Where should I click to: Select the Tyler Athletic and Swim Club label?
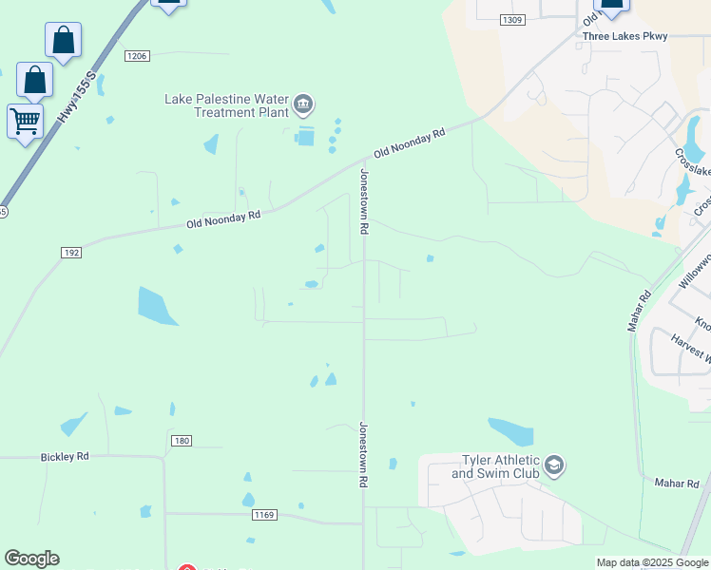coord(494,465)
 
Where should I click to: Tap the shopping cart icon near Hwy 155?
coord(25,121)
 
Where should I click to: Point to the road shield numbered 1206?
coord(137,56)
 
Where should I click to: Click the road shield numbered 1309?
coord(511,20)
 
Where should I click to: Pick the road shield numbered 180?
coord(183,441)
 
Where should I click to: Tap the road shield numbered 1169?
coord(264,515)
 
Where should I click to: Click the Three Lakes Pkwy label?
coord(625,36)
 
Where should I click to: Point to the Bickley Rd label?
coord(65,457)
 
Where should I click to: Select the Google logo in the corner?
coord(31,559)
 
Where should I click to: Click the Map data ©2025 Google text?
coord(653,562)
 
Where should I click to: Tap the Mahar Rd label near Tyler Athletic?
coord(677,484)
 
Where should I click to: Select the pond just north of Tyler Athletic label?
coord(511,432)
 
